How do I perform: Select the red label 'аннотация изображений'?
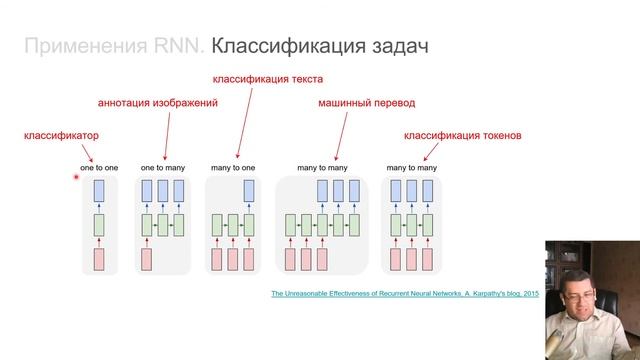tap(157, 102)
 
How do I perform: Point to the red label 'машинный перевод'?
tap(366, 102)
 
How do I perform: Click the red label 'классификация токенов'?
tap(462, 134)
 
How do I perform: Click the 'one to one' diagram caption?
tap(99, 167)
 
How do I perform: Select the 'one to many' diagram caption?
tap(161, 167)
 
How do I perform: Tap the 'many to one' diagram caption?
tap(233, 167)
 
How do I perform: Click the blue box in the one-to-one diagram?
tap(99, 190)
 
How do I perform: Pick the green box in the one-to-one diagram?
tap(99, 224)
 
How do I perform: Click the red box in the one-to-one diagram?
tap(99, 259)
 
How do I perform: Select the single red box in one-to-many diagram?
tap(147, 259)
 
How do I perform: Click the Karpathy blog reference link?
tap(405, 293)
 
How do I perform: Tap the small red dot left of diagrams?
tap(76, 177)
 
